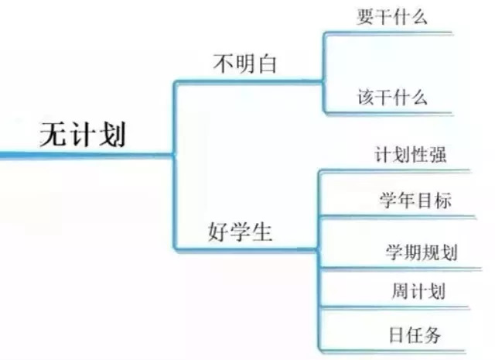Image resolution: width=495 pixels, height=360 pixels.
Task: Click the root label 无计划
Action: click(x=83, y=135)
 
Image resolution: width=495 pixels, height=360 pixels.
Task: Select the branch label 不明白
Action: click(x=245, y=63)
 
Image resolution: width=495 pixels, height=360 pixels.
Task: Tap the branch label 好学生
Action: click(x=240, y=231)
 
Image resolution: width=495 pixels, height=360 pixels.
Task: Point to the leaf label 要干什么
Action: click(x=392, y=17)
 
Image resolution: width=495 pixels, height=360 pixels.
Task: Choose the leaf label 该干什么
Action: click(x=392, y=97)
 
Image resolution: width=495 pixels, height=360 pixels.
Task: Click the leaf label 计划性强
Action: click(x=411, y=155)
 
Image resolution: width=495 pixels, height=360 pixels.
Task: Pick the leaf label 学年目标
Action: click(x=415, y=200)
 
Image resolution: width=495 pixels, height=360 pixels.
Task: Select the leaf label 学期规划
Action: click(x=422, y=252)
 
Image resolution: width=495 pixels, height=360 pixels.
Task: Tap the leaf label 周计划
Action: click(x=418, y=291)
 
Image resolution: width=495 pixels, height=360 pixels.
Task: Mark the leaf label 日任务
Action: click(x=415, y=334)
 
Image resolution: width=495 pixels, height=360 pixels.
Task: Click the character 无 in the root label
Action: click(x=53, y=135)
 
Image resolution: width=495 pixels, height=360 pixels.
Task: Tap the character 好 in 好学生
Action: click(x=217, y=232)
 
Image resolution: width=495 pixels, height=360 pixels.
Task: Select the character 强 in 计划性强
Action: click(x=439, y=155)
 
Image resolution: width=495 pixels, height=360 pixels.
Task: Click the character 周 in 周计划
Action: click(x=401, y=291)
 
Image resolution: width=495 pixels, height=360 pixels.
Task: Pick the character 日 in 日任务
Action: click(x=395, y=335)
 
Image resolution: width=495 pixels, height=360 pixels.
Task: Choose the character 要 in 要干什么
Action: click(x=366, y=17)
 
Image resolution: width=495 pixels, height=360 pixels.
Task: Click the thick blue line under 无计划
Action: click(x=87, y=155)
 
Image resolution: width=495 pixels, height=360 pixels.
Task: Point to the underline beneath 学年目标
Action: click(x=398, y=217)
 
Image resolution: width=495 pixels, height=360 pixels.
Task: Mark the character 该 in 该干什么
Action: click(x=366, y=97)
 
